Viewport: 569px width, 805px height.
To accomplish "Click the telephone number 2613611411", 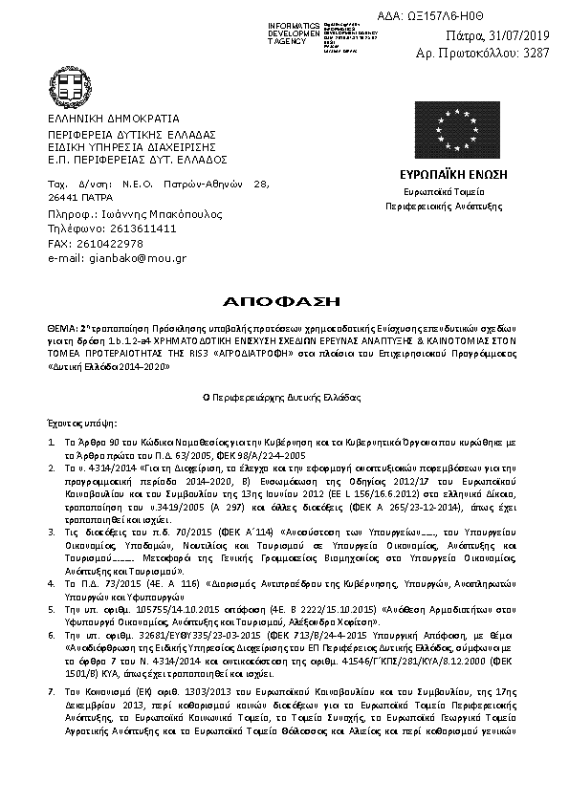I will [x=142, y=229].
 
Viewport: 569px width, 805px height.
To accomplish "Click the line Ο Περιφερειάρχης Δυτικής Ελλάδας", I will [x=284, y=395].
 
